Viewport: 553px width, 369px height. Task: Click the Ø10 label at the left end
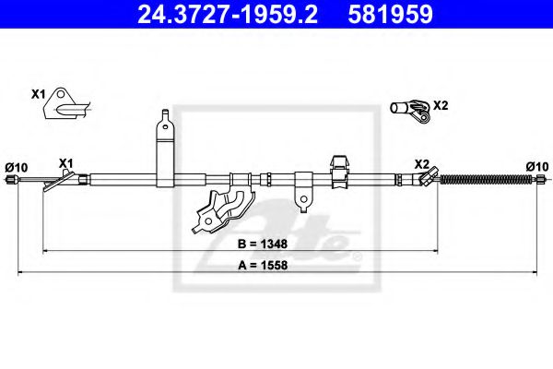coord(17,166)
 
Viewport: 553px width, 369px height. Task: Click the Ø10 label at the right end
coord(536,166)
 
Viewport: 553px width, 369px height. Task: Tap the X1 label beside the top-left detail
coord(38,93)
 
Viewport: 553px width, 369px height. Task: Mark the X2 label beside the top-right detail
coord(441,105)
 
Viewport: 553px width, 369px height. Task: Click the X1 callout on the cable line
coord(65,163)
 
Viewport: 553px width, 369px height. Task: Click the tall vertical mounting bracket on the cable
coord(163,148)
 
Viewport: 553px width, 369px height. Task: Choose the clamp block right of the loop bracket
coord(338,170)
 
